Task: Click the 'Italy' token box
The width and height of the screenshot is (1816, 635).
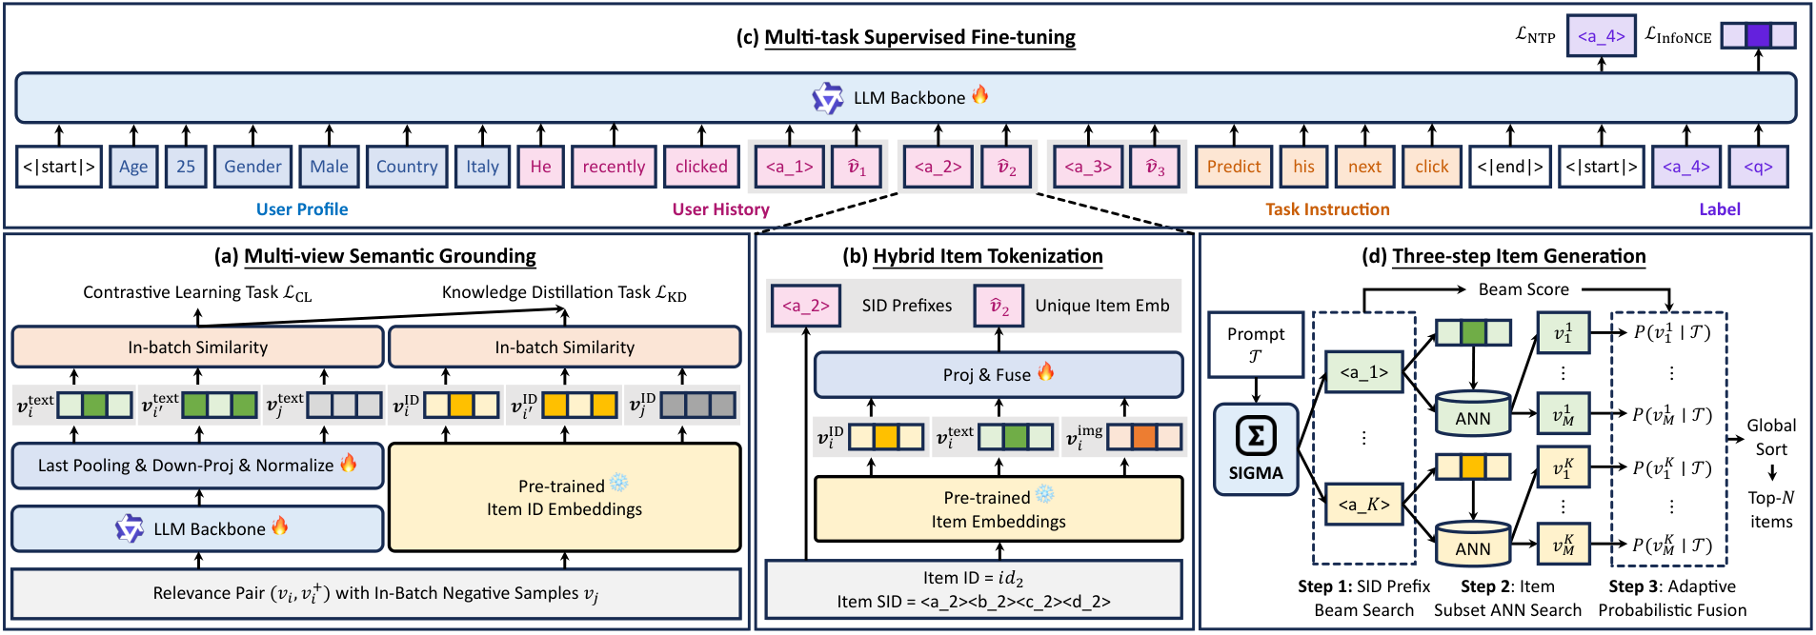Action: pyautogui.click(x=482, y=167)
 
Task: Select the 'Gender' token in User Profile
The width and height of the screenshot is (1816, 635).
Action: pyautogui.click(x=252, y=167)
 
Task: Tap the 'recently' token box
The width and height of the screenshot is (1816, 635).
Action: pyautogui.click(x=614, y=167)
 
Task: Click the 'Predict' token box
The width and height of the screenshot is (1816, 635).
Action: pyautogui.click(x=1234, y=167)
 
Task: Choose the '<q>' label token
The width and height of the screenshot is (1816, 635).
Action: pyautogui.click(x=1758, y=167)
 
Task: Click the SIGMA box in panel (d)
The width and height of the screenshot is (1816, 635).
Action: pyautogui.click(x=1256, y=449)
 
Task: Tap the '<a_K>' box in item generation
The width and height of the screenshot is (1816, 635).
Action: pyautogui.click(x=1364, y=504)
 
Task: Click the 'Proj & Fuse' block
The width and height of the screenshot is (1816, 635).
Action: pyautogui.click(x=999, y=374)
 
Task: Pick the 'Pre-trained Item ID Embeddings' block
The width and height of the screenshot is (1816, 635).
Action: pyautogui.click(x=565, y=497)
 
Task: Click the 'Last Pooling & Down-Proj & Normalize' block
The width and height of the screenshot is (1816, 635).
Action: pyautogui.click(x=198, y=466)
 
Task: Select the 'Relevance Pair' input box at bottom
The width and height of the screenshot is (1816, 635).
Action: pyautogui.click(x=376, y=593)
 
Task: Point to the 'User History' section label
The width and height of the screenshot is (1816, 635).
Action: pyautogui.click(x=720, y=209)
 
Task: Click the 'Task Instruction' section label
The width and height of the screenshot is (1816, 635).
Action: pyautogui.click(x=1327, y=209)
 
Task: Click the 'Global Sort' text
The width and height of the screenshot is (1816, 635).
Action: pyautogui.click(x=1771, y=437)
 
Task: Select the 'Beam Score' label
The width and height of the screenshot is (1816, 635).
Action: pyautogui.click(x=1523, y=289)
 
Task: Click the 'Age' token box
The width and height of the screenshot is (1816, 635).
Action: pyautogui.click(x=133, y=167)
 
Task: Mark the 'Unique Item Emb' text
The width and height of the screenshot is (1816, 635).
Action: pyautogui.click(x=1102, y=306)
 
